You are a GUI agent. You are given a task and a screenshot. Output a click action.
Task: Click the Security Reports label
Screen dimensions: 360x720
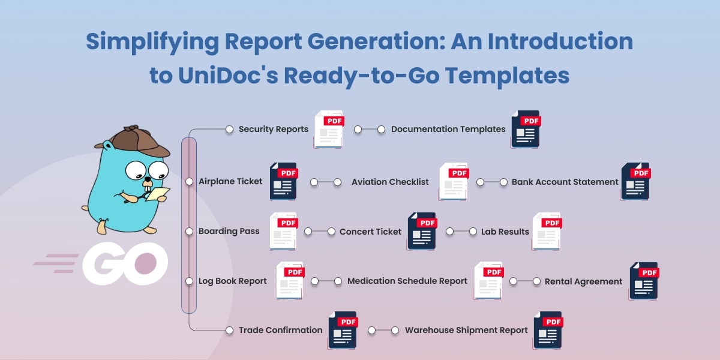point(273,129)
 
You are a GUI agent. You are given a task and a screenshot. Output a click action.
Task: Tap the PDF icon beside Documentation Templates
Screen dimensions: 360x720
point(526,129)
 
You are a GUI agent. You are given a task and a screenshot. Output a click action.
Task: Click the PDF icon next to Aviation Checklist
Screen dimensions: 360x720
point(454,181)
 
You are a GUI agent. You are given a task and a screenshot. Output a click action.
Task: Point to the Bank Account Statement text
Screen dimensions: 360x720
point(565,182)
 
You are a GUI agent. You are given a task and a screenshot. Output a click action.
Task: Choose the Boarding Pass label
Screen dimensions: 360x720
point(229,231)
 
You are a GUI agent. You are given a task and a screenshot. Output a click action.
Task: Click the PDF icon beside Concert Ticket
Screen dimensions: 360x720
point(422,231)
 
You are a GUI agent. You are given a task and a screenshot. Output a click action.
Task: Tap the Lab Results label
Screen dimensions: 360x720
point(505,231)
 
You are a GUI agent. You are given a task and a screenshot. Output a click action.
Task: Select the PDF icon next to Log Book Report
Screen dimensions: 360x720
point(290,281)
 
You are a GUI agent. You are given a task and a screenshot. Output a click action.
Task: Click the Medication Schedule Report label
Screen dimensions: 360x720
point(407,281)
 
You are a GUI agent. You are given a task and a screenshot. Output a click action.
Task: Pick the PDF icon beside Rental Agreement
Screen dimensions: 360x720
point(644,281)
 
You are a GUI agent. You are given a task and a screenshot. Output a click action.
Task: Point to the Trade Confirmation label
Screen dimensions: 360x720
point(280,330)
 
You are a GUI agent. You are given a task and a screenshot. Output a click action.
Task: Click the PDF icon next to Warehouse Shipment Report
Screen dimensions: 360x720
point(548,330)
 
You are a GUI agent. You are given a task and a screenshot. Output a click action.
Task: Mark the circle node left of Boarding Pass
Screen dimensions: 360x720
point(190,231)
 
